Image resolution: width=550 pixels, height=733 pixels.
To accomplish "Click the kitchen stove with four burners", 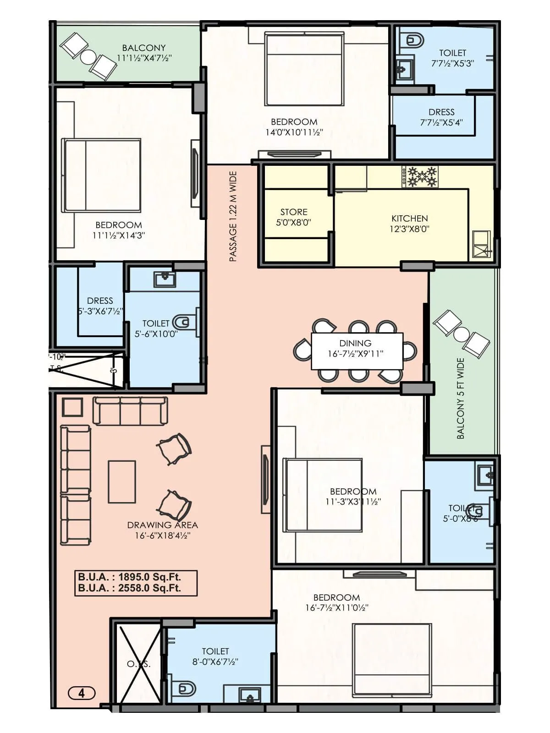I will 419,177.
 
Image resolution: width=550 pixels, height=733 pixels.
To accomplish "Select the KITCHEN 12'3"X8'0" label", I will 409,224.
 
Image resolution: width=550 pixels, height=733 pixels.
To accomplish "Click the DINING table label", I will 356,348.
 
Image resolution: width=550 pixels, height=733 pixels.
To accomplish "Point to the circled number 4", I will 82,693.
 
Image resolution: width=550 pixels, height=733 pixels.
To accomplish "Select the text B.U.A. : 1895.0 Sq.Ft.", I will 130,577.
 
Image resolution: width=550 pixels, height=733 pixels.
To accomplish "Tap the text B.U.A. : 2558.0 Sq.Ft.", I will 130,588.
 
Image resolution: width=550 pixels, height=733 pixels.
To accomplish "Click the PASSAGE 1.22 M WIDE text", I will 233,216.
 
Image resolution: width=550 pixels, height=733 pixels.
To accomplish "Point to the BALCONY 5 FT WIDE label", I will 461,399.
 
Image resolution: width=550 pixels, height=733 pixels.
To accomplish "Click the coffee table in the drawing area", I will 121,482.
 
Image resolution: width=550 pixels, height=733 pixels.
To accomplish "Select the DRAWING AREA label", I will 163,530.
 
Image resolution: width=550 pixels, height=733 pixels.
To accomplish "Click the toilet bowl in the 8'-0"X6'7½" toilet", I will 185,689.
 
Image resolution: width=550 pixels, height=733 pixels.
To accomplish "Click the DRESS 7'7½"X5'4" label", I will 441,117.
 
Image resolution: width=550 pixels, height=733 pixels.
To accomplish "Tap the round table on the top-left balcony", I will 88,57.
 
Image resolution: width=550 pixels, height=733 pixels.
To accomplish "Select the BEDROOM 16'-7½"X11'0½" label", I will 337,602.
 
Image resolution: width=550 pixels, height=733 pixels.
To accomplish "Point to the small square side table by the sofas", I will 72,407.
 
